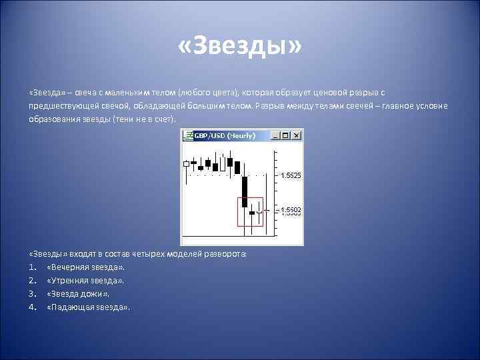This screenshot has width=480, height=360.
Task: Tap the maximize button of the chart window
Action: (288, 136)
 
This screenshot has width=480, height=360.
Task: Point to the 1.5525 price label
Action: (291, 175)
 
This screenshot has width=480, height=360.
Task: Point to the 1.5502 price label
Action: (291, 211)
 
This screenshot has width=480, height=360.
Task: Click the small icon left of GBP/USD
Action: (187, 136)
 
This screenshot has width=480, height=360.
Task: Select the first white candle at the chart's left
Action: (185, 163)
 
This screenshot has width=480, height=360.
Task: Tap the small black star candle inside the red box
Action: (252, 213)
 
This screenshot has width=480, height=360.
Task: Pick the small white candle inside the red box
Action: (259, 213)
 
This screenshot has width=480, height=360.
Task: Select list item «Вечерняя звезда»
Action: (86, 267)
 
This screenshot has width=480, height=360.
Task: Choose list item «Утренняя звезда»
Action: (86, 281)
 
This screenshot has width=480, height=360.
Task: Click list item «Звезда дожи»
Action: (79, 294)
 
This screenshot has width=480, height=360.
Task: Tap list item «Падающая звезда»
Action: (89, 307)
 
